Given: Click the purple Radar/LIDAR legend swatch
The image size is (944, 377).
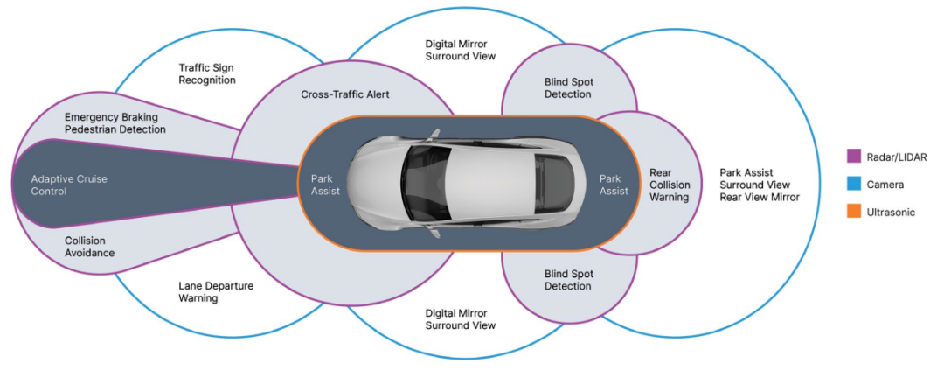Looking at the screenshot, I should (x=854, y=157).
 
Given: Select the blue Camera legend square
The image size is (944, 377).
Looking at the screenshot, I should (x=854, y=185).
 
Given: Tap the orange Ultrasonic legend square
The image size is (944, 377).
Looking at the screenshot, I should (x=854, y=212).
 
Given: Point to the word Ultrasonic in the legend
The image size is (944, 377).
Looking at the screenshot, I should (x=891, y=212).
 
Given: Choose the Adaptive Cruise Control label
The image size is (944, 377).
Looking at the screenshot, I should (x=69, y=185).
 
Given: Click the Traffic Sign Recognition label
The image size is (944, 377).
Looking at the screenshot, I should (x=207, y=73).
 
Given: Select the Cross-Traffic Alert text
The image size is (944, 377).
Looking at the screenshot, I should (x=345, y=94).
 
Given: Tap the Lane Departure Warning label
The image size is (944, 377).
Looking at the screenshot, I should (x=210, y=291).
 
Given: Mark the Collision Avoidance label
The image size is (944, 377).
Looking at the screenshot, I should (x=90, y=247).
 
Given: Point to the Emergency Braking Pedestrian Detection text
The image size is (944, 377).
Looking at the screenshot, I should (x=115, y=122).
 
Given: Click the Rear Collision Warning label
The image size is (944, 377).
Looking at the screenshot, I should (x=669, y=185).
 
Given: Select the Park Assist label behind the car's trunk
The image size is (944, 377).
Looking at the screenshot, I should (x=614, y=185).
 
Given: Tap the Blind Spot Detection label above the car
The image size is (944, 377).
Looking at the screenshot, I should (x=568, y=88).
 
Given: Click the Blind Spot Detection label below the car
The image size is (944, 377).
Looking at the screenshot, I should (x=568, y=280).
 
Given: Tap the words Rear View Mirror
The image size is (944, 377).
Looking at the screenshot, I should (x=760, y=197).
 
